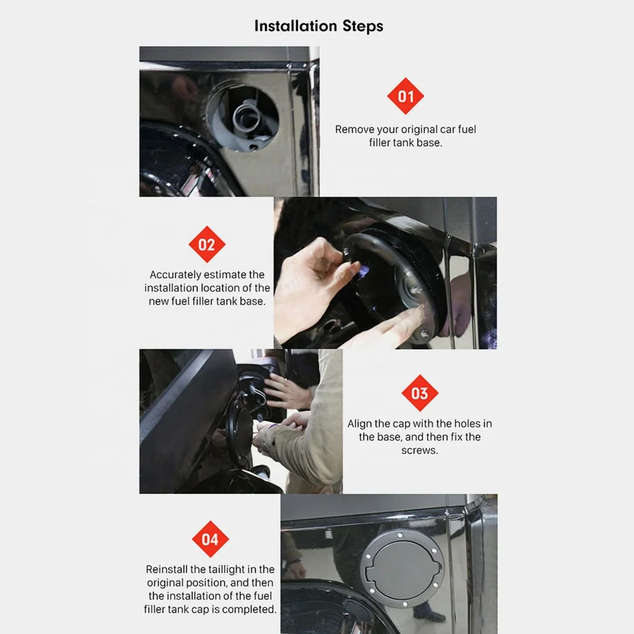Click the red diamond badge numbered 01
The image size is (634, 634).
(405, 96)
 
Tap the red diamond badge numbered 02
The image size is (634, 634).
(207, 244)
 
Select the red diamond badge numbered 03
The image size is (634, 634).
(420, 393)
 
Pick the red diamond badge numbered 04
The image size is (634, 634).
(210, 539)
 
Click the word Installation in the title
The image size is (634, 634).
(295, 26)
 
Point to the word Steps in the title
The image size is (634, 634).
(363, 27)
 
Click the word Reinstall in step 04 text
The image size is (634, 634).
(167, 570)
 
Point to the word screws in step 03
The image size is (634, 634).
(419, 451)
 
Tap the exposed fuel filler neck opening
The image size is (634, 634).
(243, 116)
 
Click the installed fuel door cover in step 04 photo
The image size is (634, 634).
(402, 568)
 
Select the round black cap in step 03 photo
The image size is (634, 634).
(242, 431)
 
